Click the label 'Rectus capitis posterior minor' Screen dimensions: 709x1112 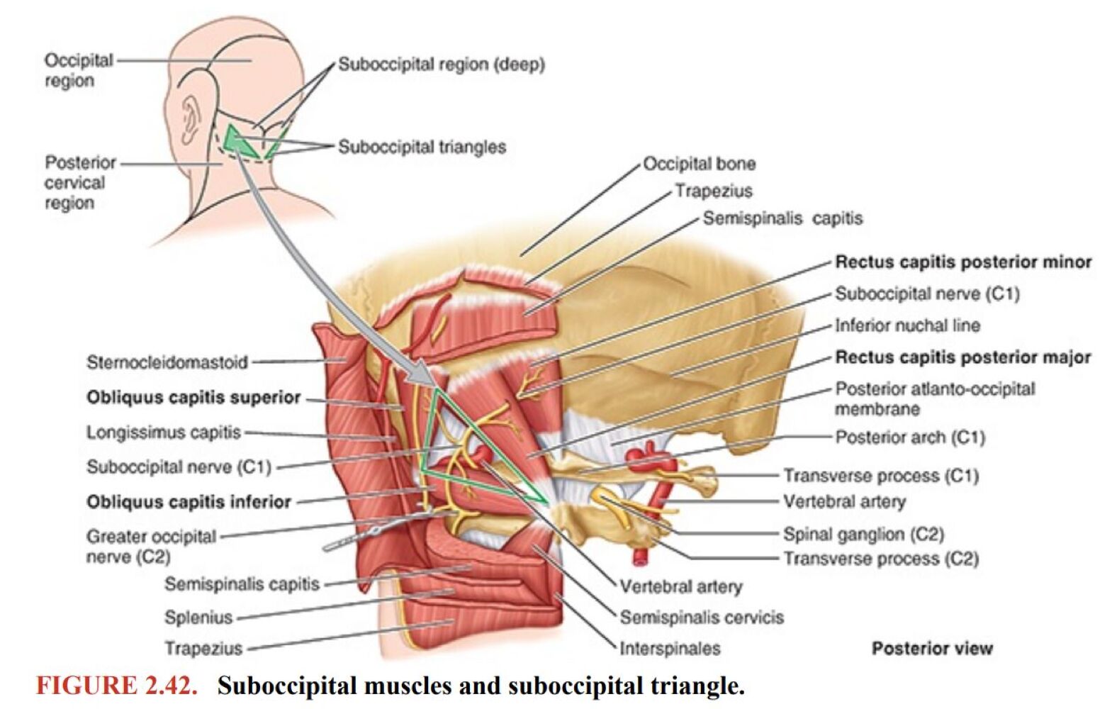962,262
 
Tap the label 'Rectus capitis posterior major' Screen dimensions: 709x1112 962,357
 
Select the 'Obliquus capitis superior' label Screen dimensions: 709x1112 193,398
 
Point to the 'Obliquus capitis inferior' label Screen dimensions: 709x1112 189,503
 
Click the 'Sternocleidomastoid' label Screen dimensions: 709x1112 167,363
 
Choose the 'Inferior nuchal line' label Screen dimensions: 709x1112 907,326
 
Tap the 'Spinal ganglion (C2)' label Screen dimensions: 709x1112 863,534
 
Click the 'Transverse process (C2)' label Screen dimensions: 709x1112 880,559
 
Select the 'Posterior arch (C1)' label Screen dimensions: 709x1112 910,437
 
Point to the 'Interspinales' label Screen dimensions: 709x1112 670,649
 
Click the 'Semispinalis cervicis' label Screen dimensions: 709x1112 702,618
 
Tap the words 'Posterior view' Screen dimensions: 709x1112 932,649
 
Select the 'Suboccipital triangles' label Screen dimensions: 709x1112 422,147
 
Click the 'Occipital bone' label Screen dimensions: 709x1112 699,164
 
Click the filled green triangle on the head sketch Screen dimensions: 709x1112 237,141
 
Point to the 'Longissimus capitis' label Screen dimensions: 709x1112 164,432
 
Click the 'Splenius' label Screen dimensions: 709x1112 198,618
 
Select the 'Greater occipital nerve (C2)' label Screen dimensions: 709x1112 150,547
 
